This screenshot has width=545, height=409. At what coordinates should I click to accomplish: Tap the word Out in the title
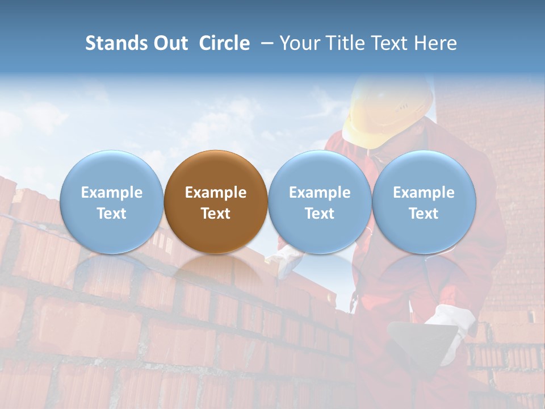(x=169, y=43)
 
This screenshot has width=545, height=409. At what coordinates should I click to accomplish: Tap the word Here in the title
(x=436, y=43)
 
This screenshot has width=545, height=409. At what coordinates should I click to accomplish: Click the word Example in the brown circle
(x=216, y=193)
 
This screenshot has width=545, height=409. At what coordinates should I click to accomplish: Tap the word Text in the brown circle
(x=216, y=214)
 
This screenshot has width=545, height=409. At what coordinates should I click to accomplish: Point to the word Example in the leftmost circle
(x=111, y=193)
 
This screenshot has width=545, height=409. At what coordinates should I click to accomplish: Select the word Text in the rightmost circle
(x=424, y=214)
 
